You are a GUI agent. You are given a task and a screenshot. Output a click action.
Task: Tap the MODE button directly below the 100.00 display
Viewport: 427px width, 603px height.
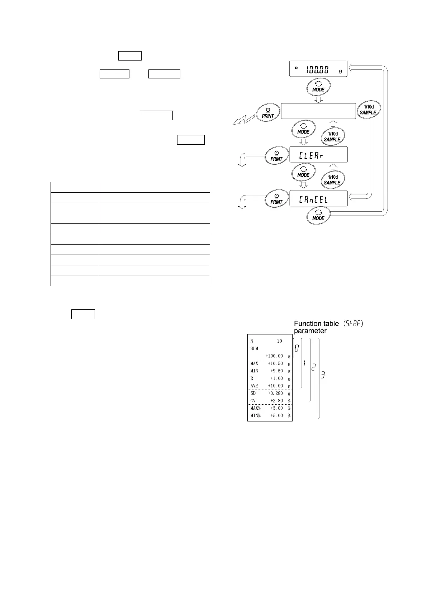(318, 87)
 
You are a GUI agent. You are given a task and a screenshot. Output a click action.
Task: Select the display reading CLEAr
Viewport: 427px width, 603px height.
(318, 155)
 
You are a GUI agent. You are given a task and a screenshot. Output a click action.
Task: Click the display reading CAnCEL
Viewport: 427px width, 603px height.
(318, 198)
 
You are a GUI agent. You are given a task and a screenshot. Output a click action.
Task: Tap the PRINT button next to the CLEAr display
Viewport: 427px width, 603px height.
(276, 156)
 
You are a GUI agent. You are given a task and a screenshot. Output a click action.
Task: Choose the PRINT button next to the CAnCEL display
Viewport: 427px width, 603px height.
(276, 199)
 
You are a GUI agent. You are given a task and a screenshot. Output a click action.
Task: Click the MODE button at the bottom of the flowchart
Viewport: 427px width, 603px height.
(318, 216)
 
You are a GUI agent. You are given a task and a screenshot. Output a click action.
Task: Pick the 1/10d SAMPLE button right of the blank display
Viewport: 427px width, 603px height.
(368, 110)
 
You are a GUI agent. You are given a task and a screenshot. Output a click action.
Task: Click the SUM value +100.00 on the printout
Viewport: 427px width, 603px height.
(274, 356)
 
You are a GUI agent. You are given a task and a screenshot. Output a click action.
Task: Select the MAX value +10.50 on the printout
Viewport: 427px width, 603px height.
(275, 363)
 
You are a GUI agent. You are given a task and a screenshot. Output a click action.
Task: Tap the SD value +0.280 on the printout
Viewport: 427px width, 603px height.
(275, 393)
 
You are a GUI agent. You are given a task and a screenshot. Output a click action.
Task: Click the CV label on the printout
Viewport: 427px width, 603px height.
(253, 401)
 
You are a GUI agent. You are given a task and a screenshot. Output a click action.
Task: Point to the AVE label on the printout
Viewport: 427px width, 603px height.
(254, 386)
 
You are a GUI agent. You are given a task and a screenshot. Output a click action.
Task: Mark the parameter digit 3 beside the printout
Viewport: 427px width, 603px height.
(323, 375)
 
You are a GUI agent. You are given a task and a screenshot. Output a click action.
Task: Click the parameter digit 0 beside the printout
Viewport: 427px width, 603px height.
(297, 348)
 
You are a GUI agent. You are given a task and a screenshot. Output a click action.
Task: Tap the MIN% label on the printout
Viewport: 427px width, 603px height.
(256, 416)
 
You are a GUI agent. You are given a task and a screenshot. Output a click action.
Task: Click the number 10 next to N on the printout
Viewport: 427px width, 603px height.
(279, 341)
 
